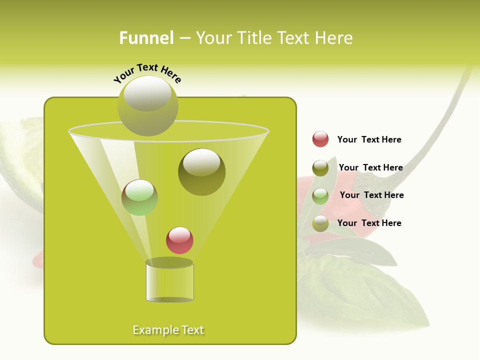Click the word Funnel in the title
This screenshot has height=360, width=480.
tap(146, 38)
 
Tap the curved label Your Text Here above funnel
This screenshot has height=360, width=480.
tap(147, 73)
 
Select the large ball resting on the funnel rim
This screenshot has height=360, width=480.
tap(147, 105)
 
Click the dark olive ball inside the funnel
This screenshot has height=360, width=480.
tap(201, 171)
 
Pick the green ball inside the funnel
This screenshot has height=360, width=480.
tap(139, 197)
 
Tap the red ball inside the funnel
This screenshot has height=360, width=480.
tap(179, 240)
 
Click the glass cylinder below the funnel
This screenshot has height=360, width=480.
tap(169, 282)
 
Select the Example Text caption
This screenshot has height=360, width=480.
tap(168, 330)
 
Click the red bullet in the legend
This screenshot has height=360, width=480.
tap(320, 139)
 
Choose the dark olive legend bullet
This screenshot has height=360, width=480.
tap(320, 168)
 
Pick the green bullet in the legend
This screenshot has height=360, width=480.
tap(320, 196)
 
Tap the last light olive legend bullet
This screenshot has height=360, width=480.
tap(320, 223)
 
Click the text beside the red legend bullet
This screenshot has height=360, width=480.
tap(369, 140)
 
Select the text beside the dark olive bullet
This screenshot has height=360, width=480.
tap(370, 167)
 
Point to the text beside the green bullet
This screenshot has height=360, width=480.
tap(371, 195)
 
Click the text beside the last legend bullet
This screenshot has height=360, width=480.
tap(369, 223)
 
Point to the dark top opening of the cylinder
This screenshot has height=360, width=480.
tap(169, 262)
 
